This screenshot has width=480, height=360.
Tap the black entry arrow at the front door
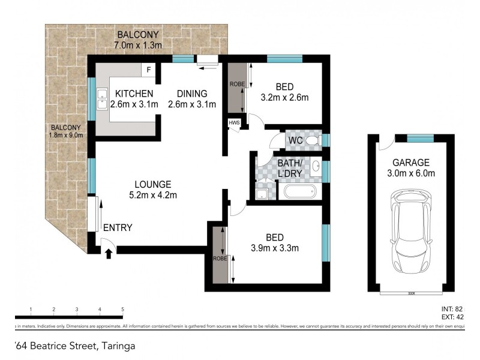coord(109,254)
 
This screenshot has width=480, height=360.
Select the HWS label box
coord(233,123)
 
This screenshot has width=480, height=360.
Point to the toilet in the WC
coord(310,140)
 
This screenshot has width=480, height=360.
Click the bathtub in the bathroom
coord(299,193)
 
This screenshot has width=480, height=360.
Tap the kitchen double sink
coord(102,100)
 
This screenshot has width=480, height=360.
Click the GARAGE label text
coord(410,162)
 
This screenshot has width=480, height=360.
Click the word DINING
coord(191,94)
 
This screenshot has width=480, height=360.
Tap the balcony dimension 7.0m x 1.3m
coord(137,44)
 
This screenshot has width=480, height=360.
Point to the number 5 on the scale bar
coord(122,309)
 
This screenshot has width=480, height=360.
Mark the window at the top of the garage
coord(420,139)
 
